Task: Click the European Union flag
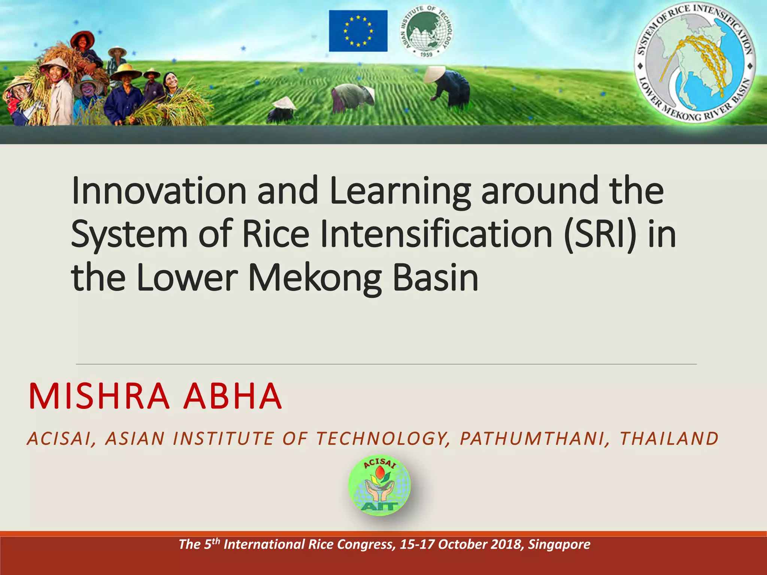(x=358, y=31)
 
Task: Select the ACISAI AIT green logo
(x=379, y=486)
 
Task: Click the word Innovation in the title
(x=159, y=191)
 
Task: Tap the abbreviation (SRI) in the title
(x=601, y=234)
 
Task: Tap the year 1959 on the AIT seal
(x=426, y=55)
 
